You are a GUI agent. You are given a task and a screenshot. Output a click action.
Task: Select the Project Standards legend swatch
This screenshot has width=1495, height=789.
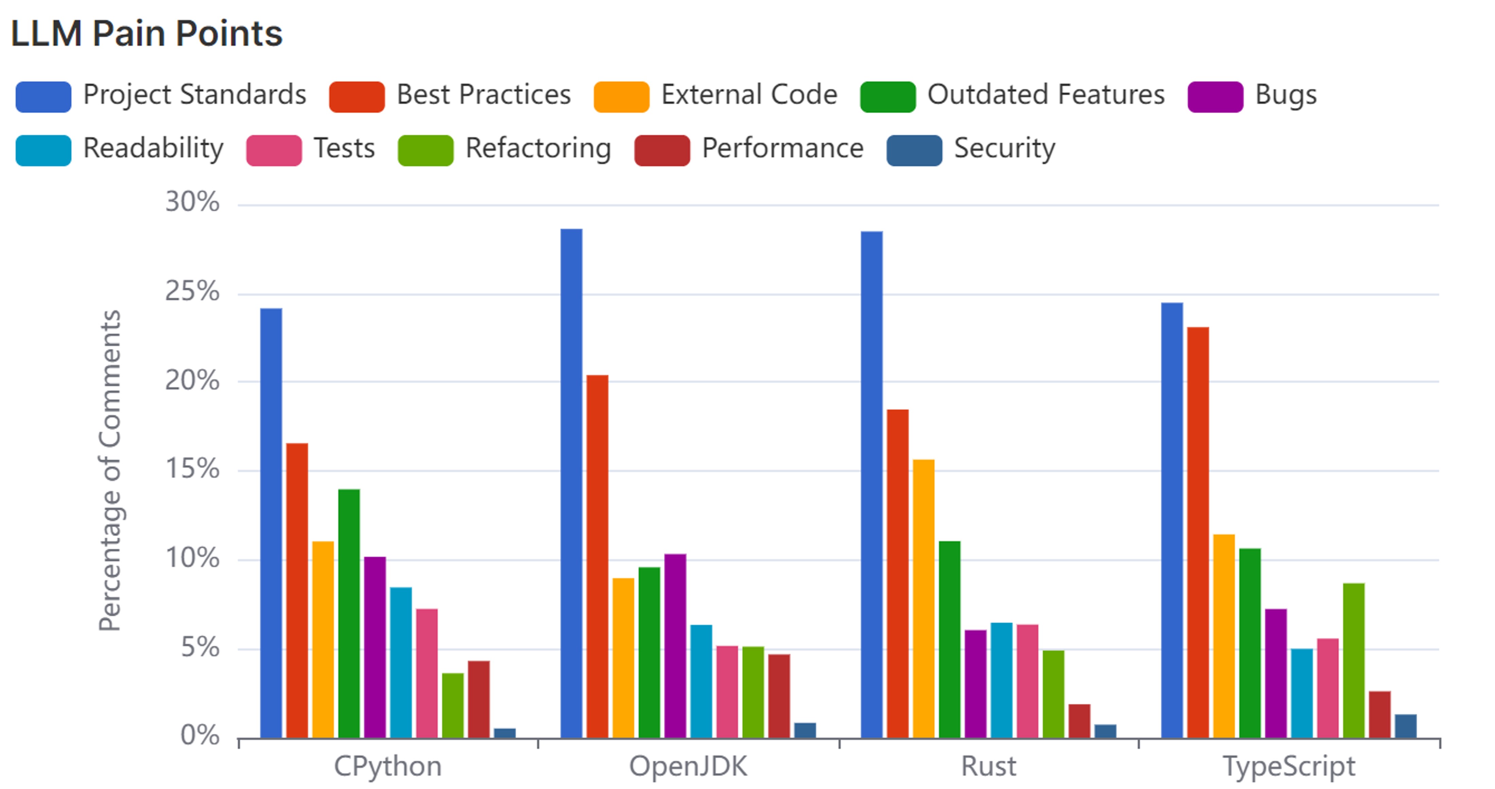pyautogui.click(x=43, y=96)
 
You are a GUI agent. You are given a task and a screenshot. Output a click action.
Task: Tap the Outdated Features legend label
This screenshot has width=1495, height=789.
pyautogui.click(x=1046, y=94)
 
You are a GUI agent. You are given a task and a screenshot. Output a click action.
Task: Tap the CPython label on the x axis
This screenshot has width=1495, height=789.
pyautogui.click(x=388, y=766)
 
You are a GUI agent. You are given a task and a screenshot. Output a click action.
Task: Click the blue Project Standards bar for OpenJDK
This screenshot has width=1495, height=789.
pyautogui.click(x=571, y=483)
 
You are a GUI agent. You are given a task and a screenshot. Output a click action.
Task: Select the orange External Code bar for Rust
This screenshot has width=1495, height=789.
pyautogui.click(x=924, y=599)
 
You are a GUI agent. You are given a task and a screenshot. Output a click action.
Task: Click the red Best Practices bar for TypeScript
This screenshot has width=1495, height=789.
pyautogui.click(x=1198, y=533)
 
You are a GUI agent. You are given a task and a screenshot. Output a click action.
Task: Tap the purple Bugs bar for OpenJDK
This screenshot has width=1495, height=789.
pyautogui.click(x=675, y=646)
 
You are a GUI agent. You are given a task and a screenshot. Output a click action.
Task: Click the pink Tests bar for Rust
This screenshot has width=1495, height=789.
pyautogui.click(x=1027, y=681)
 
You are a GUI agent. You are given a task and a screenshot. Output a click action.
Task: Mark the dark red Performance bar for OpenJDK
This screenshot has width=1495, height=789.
pyautogui.click(x=779, y=696)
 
